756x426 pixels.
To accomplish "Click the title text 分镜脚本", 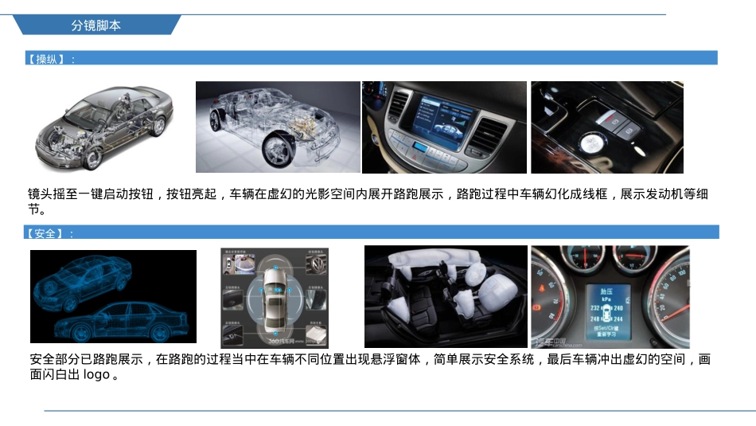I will pyautogui.click(x=95, y=25).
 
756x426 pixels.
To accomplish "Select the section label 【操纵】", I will pyautogui.click(x=50, y=59).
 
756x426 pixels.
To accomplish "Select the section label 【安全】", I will pyautogui.click(x=50, y=233).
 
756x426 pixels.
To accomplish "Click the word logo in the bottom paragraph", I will pyautogui.click(x=95, y=374).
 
